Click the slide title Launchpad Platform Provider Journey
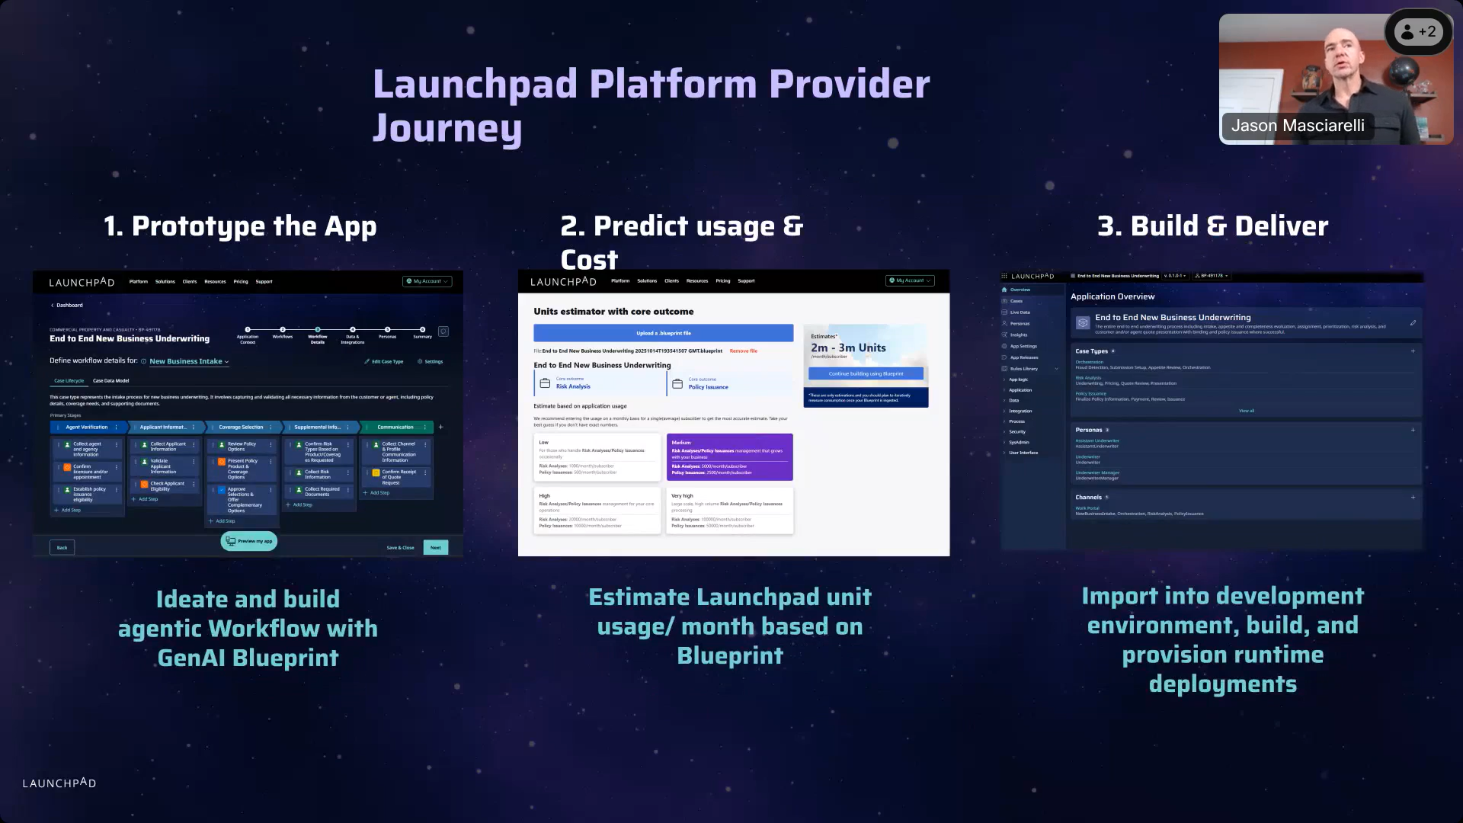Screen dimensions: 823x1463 click(651, 105)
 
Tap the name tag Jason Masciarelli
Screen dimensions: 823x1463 click(1297, 126)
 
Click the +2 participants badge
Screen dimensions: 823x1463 click(1418, 32)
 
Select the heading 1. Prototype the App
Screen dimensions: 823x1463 click(240, 226)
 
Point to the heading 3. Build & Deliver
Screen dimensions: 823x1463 click(1212, 226)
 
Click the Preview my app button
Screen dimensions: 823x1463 click(249, 541)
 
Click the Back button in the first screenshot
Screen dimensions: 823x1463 click(62, 547)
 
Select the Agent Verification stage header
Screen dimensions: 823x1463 click(86, 427)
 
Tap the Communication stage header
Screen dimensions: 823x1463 click(395, 427)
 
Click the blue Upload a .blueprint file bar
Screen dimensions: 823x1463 click(663, 333)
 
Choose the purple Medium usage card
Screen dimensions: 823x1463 click(729, 457)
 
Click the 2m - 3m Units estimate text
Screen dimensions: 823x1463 click(848, 348)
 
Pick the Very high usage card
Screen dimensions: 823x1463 click(729, 511)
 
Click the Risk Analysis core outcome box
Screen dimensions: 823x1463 click(599, 383)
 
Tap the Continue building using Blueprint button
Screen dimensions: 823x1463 click(866, 373)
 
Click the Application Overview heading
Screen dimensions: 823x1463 click(1112, 296)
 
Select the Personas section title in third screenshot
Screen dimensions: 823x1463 click(1089, 430)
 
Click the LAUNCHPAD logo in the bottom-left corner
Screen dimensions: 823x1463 click(59, 783)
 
